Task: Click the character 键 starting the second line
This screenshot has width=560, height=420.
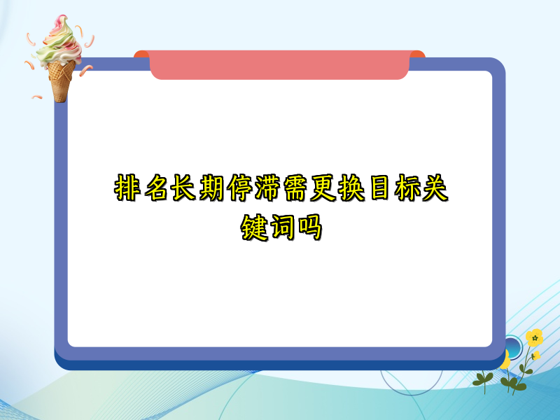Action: click(x=253, y=227)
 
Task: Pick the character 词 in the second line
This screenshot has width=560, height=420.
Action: click(x=281, y=227)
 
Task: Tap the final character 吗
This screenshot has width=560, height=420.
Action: click(x=309, y=227)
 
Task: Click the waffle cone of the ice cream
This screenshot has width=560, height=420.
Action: click(x=62, y=80)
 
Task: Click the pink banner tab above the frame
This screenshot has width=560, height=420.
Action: click(x=279, y=64)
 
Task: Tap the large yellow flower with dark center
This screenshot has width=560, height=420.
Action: click(x=534, y=337)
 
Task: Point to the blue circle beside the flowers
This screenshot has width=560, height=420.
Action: click(x=514, y=347)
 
